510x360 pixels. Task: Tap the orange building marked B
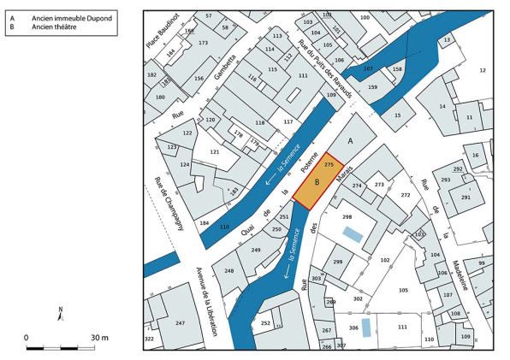tap(316, 182)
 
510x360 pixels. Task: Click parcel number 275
tap(329, 163)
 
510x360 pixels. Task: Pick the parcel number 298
tap(347, 217)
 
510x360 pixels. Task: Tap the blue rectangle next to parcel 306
tap(366, 328)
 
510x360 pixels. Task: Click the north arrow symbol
tap(60, 313)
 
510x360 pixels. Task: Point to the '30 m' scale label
tap(99, 337)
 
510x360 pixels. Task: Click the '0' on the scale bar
tap(27, 337)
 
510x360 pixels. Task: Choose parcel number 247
tap(180, 323)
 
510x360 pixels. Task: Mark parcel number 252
tap(265, 323)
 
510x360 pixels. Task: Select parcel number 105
tap(403, 290)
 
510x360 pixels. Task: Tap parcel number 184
tap(205, 223)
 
